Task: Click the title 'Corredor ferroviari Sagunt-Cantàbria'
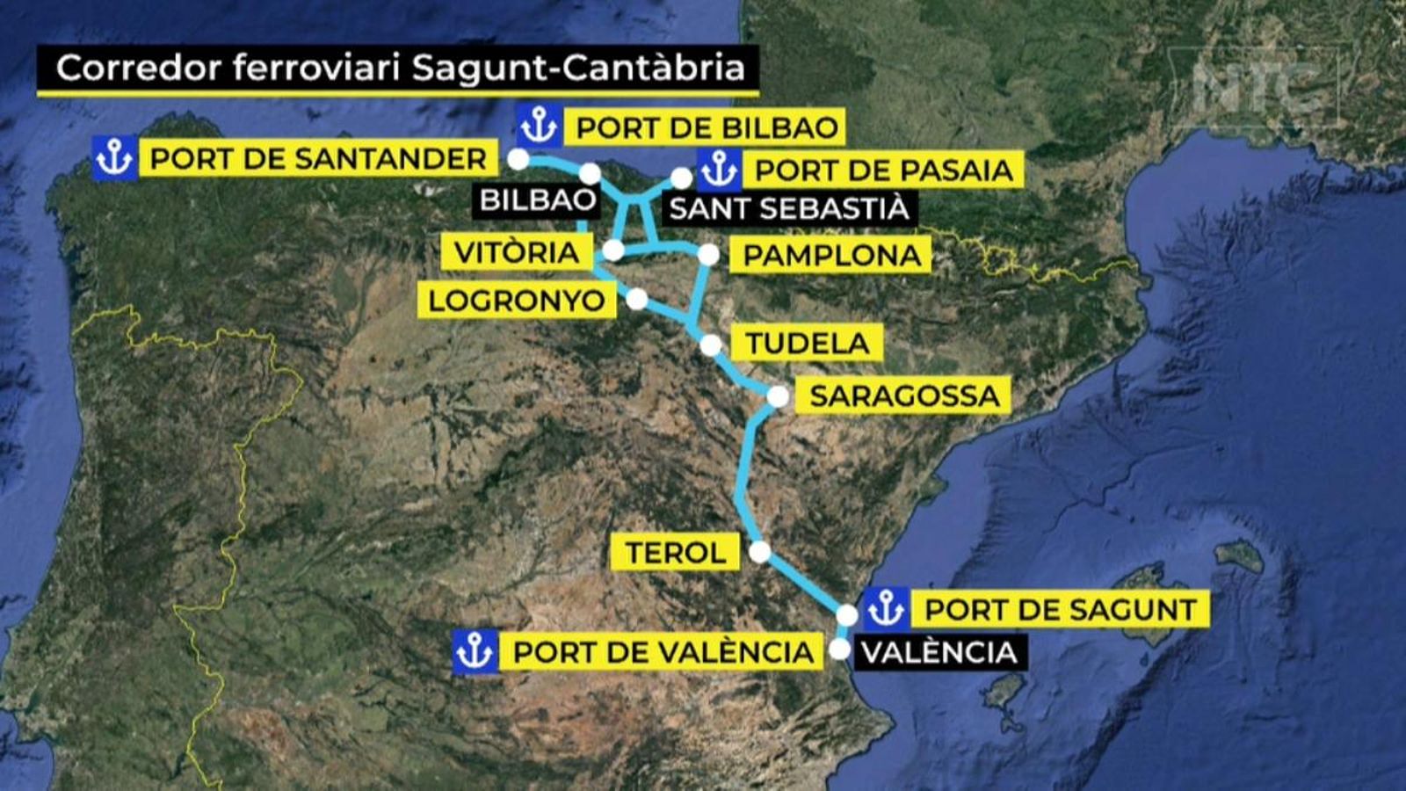tap(400, 68)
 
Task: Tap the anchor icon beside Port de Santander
tap(114, 159)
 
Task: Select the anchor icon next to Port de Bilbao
tap(538, 127)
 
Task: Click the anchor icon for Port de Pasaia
tap(719, 169)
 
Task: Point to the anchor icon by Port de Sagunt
tap(886, 608)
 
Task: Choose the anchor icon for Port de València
tap(475, 652)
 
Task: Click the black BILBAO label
tap(538, 200)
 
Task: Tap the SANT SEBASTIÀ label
tap(788, 209)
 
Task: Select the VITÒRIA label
tap(517, 252)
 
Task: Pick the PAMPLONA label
tap(831, 256)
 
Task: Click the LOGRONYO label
tap(517, 301)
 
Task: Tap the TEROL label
tap(676, 553)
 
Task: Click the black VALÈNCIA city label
tap(939, 652)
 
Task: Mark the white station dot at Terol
tap(760, 552)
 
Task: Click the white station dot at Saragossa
tap(777, 396)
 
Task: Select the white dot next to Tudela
tap(710, 345)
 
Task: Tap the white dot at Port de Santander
tap(518, 159)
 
